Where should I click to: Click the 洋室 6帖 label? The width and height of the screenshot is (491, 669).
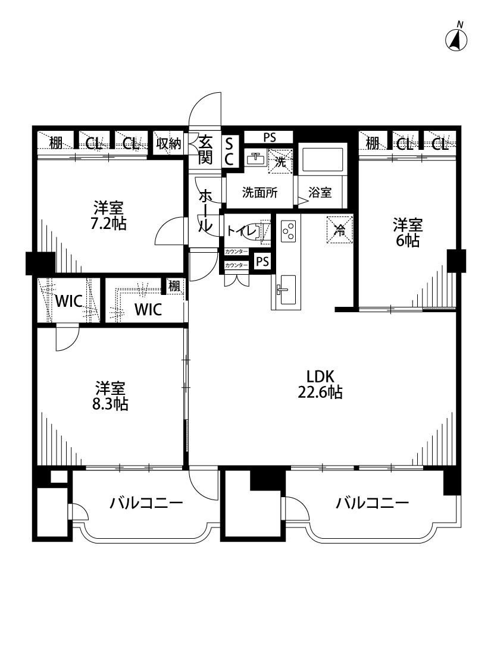[x=408, y=232]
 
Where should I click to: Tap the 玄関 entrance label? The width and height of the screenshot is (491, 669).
[x=205, y=149]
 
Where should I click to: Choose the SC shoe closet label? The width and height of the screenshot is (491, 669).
[x=229, y=150]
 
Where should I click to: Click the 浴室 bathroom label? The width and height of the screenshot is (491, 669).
[x=320, y=193]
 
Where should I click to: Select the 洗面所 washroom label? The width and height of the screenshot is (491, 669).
[x=259, y=193]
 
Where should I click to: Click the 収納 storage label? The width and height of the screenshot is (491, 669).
[x=168, y=144]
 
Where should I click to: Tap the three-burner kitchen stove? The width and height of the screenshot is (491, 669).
[x=289, y=230]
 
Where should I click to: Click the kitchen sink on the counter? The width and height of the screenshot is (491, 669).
[x=286, y=290]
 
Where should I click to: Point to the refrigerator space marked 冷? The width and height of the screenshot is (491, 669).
[x=340, y=230]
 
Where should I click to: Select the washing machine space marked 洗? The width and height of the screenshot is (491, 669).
[x=280, y=161]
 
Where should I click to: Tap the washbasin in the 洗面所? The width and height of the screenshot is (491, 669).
[x=256, y=158]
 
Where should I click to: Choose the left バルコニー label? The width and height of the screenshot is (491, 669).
[x=146, y=503]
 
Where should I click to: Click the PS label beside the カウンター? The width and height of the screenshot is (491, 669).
[x=263, y=261]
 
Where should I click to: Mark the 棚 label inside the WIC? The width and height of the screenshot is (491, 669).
[x=173, y=285]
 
